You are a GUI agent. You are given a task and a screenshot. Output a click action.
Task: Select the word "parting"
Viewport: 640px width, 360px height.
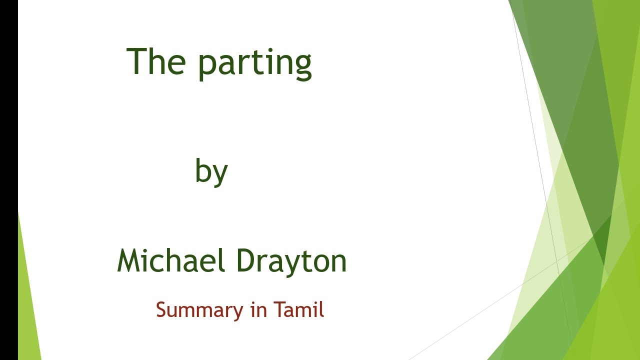tap(255, 64)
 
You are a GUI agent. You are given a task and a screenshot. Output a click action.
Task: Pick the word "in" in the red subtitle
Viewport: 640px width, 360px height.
tap(257, 310)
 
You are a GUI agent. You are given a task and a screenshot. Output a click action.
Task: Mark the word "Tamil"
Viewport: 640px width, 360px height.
tap(298, 310)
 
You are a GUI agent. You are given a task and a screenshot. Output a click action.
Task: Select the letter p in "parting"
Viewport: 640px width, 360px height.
tap(208, 66)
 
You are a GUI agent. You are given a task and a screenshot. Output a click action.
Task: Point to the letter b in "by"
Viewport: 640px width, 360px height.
tap(202, 170)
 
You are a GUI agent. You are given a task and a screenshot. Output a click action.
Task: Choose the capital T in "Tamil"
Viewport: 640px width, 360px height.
tap(278, 310)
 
